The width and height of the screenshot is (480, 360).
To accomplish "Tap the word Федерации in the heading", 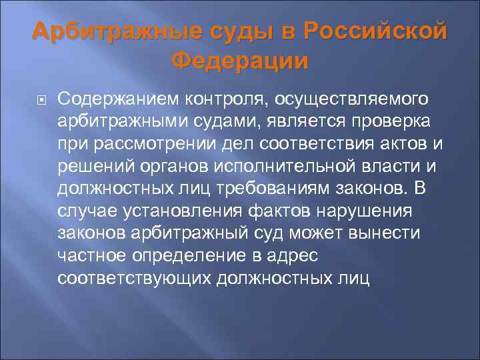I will point(240,61).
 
